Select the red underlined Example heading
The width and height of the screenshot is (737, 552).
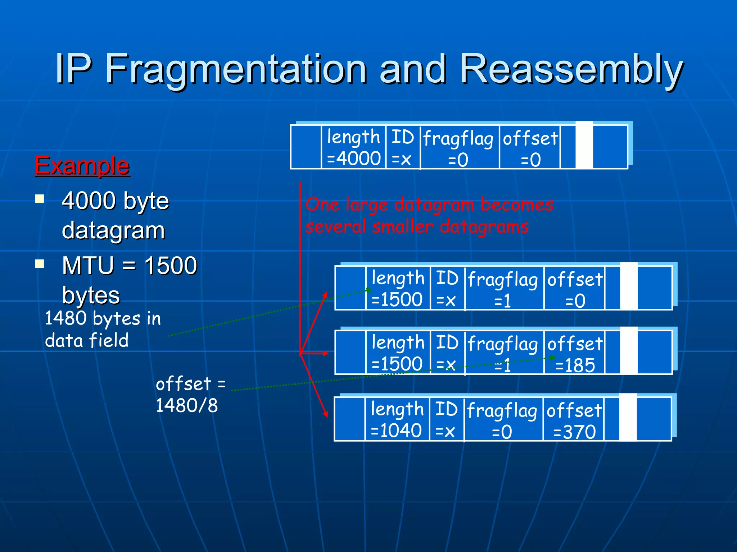[x=82, y=166]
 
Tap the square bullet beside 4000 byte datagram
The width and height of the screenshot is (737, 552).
[x=40, y=199]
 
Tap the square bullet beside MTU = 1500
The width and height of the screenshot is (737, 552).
[x=40, y=264]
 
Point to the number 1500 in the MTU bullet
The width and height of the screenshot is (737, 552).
[x=171, y=266]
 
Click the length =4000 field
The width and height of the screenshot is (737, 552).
[x=353, y=147]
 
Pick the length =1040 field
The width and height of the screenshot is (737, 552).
[x=397, y=419]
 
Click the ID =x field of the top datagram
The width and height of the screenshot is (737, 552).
[x=402, y=147]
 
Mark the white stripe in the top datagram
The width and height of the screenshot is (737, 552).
[x=584, y=145]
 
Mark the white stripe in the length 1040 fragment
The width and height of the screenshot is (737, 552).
[x=628, y=417]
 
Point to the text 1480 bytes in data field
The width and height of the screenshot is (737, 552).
[x=103, y=329]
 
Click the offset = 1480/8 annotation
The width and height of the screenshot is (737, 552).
[x=190, y=394]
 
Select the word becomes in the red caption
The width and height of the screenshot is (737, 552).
[x=517, y=204]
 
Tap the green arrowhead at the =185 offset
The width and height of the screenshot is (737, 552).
[x=553, y=358]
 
